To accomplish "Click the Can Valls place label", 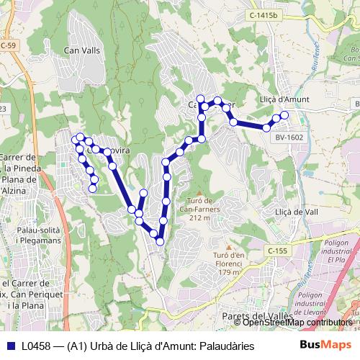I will click(81, 50).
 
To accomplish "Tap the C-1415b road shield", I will click(264, 14).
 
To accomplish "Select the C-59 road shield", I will click(7, 45).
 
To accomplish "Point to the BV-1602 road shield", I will click(289, 137).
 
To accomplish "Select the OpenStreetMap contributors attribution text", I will click(298, 323).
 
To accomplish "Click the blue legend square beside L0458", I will click(11, 346).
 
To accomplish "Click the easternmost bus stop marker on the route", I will click(284, 115).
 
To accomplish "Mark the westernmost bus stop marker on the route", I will click(75, 139).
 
